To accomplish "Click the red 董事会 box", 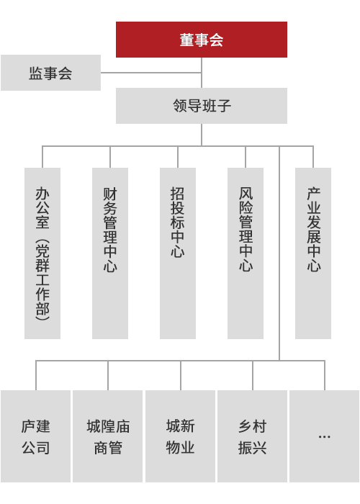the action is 202,40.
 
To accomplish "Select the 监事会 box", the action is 51,73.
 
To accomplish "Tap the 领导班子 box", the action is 202,106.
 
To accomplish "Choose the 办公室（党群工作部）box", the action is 42,253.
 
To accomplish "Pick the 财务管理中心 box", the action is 110,253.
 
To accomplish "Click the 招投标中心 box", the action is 178,253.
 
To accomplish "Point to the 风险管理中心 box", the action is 246,253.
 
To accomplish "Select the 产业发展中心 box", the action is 313,253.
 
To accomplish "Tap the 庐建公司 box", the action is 36,436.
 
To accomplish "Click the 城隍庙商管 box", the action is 108,436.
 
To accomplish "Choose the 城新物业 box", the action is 180,436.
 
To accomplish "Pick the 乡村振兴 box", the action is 252,436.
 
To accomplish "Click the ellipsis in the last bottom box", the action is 324,437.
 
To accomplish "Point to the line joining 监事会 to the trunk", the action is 151,73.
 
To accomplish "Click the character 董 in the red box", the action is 186,40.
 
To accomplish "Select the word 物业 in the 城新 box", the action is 180,447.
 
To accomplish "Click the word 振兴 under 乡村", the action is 252,447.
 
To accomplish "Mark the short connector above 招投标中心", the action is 178,157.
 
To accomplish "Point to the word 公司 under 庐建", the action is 36,447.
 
